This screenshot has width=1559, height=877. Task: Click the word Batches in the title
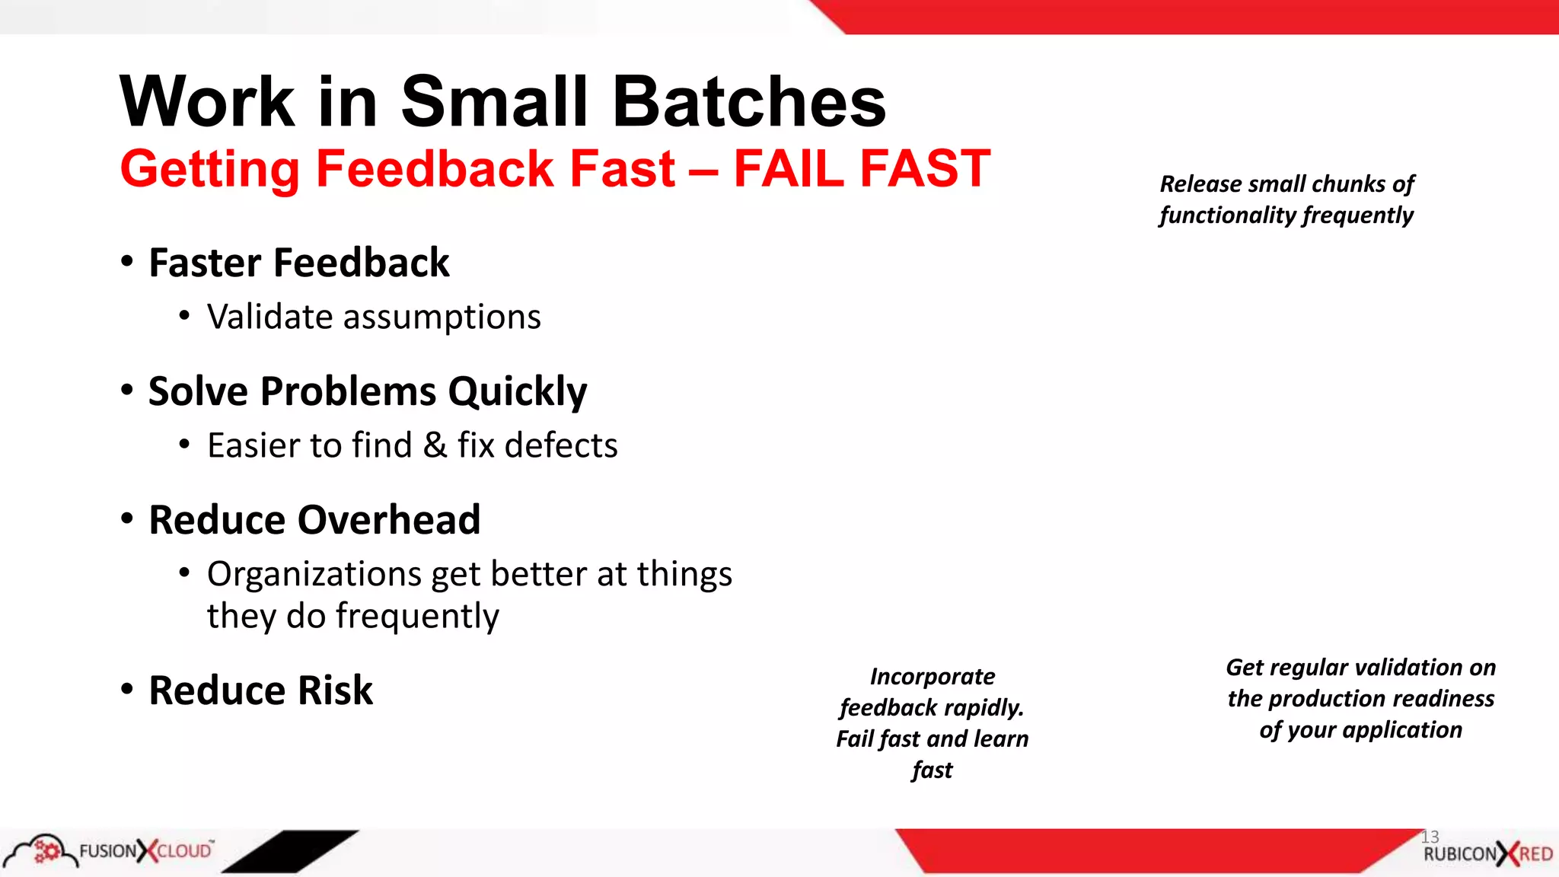pyautogui.click(x=749, y=102)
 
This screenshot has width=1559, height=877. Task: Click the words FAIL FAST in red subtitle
pyautogui.click(x=862, y=168)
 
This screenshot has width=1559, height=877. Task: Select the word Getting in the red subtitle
pyautogui.click(x=209, y=170)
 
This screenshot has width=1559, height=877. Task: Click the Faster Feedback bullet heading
pyautogui.click(x=298, y=263)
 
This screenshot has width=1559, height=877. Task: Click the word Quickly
pyautogui.click(x=517, y=393)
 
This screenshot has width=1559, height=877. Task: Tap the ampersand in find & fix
pyautogui.click(x=435, y=445)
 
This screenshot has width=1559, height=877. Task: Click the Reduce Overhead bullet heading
pyautogui.click(x=314, y=520)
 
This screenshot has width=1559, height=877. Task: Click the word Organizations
pyautogui.click(x=314, y=575)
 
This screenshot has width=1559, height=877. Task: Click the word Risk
pyautogui.click(x=335, y=690)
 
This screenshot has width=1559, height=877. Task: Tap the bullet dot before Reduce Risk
pyautogui.click(x=127, y=689)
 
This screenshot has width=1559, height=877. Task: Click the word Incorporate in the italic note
pyautogui.click(x=933, y=677)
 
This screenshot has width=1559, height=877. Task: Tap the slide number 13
pyautogui.click(x=1430, y=837)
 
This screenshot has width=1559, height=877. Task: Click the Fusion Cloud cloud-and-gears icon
pyautogui.click(x=42, y=850)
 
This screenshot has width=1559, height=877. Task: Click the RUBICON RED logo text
pyautogui.click(x=1487, y=854)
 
